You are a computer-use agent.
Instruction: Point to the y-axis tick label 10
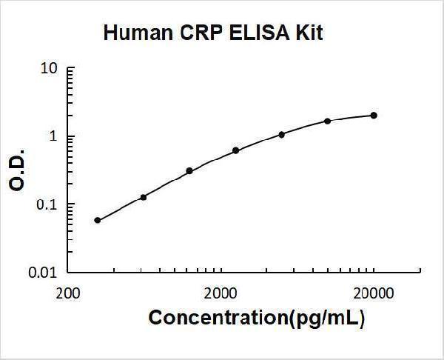(50, 69)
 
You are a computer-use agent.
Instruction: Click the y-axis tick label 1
(53, 137)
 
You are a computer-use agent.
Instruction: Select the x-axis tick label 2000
(220, 291)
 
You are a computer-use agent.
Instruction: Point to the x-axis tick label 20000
(373, 291)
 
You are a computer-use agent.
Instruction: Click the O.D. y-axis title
(18, 171)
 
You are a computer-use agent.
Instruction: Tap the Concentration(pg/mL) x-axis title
(257, 318)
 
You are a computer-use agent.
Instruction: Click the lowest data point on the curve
(98, 220)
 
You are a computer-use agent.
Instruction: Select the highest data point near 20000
(374, 116)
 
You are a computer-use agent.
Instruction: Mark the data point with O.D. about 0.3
(189, 171)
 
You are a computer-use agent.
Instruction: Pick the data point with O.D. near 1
(282, 135)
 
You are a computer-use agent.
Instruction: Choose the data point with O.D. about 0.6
(236, 150)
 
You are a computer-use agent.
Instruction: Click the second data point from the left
(144, 197)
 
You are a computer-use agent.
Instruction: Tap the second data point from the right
(328, 121)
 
